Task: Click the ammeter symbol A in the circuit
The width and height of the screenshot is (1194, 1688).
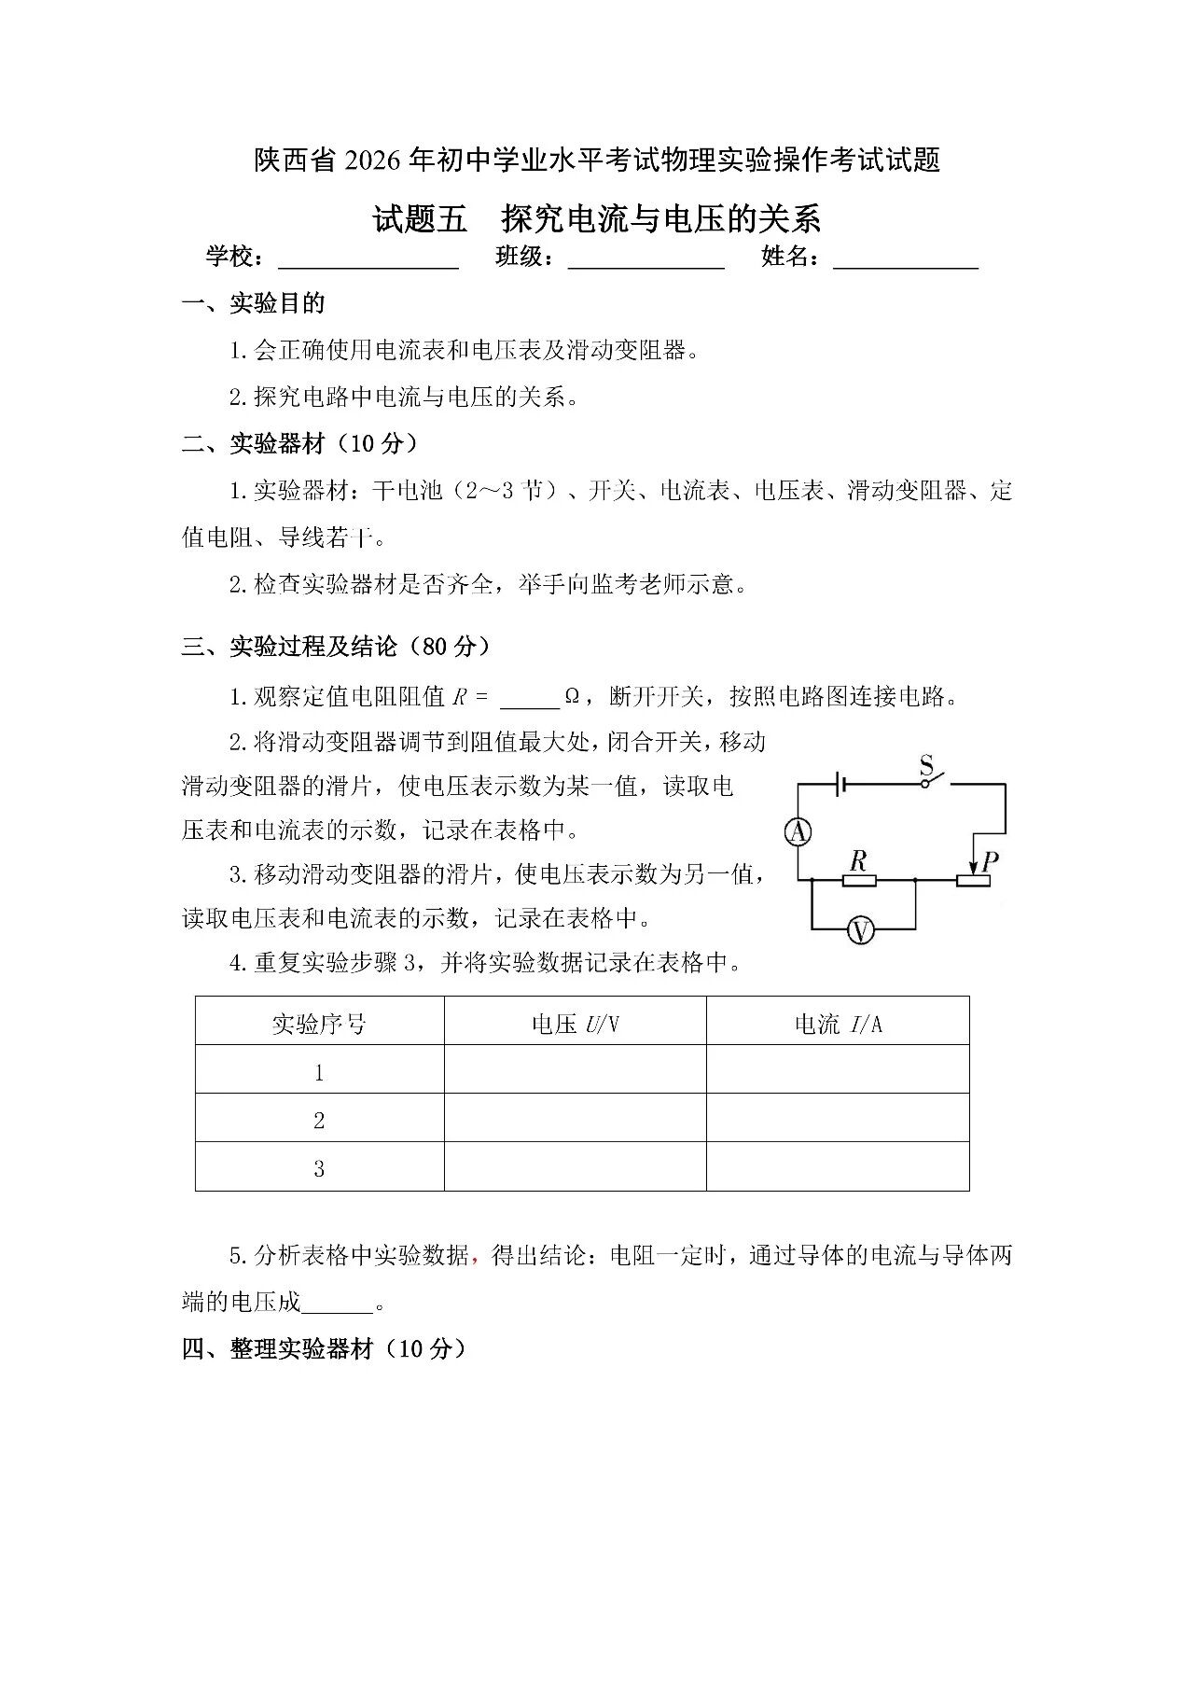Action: point(798,831)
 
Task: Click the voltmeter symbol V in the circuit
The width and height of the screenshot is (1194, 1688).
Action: point(860,929)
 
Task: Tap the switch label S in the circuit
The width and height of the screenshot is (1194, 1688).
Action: point(926,766)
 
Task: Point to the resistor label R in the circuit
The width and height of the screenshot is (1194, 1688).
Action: point(858,859)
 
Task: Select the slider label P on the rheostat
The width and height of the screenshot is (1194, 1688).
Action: point(990,859)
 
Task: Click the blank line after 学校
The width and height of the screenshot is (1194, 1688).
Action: point(368,260)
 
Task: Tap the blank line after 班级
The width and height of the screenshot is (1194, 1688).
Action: point(646,260)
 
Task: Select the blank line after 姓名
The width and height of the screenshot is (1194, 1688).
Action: point(905,260)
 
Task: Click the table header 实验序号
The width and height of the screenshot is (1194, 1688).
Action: point(319,1025)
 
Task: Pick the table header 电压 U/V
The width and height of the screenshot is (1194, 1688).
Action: point(575,1025)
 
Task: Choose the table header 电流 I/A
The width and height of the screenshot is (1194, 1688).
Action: point(838,1025)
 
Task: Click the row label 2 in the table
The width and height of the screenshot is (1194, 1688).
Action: point(319,1121)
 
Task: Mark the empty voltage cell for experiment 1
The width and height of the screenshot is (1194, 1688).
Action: point(575,1069)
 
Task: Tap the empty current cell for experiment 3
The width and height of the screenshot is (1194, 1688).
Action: point(838,1167)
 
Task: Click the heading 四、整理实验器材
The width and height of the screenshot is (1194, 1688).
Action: point(324,1348)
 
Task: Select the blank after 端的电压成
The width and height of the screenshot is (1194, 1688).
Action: point(338,1304)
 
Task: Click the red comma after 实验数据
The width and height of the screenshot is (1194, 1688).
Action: point(475,1259)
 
